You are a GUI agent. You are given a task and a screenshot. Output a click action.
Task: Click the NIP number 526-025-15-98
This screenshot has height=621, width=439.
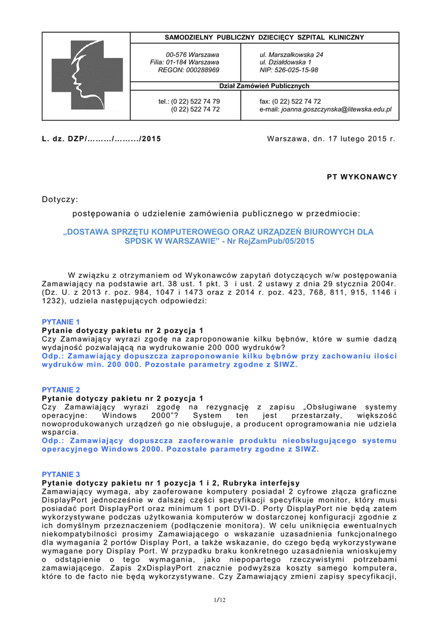tap(289, 70)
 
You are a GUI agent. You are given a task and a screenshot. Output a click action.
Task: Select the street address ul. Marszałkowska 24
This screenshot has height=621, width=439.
tap(291, 55)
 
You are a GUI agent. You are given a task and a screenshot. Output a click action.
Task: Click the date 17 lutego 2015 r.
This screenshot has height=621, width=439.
tap(358, 139)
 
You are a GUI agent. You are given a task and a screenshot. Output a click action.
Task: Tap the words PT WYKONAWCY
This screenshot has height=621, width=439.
tap(362, 176)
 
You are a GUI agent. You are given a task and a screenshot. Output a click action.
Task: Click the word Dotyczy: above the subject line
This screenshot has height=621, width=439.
tap(60, 199)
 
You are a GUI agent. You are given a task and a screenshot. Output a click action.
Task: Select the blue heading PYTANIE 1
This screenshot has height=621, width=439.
tap(61, 321)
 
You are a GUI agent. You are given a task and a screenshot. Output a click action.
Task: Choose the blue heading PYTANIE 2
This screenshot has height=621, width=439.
tap(61, 389)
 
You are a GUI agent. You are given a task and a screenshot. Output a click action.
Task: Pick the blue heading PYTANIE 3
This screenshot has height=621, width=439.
tap(61, 474)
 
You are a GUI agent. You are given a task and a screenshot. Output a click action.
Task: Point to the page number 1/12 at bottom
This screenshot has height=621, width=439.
tap(219, 600)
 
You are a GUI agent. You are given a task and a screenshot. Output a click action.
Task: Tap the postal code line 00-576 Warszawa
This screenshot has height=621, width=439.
tap(192, 55)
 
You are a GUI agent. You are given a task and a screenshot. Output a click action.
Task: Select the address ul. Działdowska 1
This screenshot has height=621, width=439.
tap(285, 62)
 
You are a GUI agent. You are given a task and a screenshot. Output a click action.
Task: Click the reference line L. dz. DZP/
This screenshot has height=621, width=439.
tap(101, 139)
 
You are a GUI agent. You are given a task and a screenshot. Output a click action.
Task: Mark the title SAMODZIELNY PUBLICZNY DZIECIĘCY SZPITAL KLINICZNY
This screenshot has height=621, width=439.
tap(265, 38)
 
